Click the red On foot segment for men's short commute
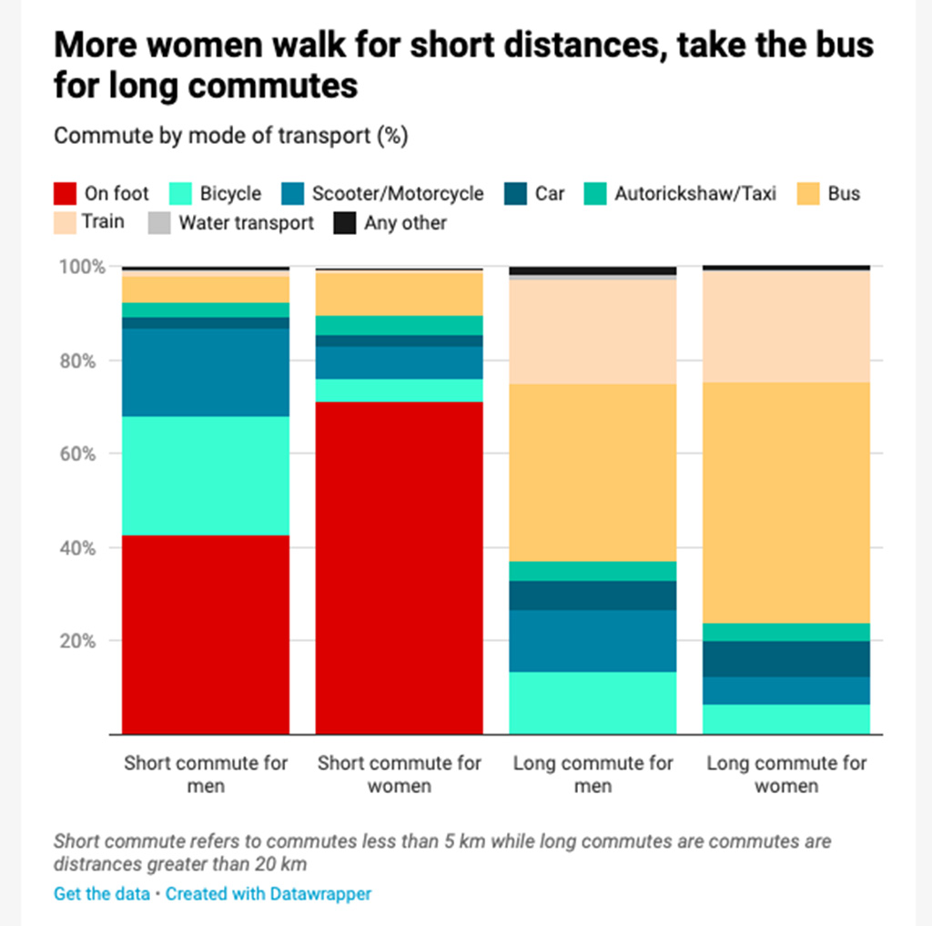tap(206, 634)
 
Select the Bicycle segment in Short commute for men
tap(206, 475)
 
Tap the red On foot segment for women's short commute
tap(399, 567)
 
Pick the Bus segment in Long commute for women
tap(786, 503)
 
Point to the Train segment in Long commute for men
tap(593, 331)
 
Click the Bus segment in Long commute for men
tap(593, 473)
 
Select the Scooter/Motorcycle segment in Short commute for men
tap(206, 372)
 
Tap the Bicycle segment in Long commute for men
tap(593, 703)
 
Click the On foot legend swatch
tap(65, 194)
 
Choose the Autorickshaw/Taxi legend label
tap(695, 194)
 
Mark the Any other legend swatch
tap(345, 223)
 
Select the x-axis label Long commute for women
tap(786, 774)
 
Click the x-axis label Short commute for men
tap(206, 774)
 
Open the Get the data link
tap(102, 893)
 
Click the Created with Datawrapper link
tap(268, 893)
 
